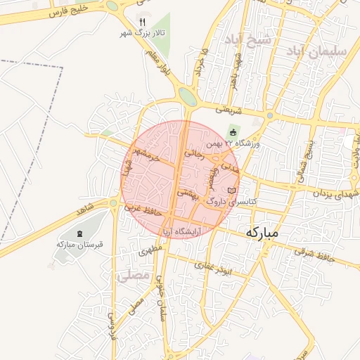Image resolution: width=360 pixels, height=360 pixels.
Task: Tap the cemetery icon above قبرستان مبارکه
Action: (x=79, y=233)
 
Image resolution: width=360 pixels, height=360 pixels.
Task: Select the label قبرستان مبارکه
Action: (x=79, y=244)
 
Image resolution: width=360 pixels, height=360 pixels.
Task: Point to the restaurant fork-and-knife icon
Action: (x=143, y=22)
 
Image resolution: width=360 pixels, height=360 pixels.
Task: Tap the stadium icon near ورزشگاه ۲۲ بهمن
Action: (x=233, y=132)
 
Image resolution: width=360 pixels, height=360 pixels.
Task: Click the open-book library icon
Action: (x=232, y=191)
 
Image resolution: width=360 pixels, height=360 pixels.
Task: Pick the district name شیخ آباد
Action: (x=247, y=39)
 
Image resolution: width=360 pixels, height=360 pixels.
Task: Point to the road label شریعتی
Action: (x=228, y=110)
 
